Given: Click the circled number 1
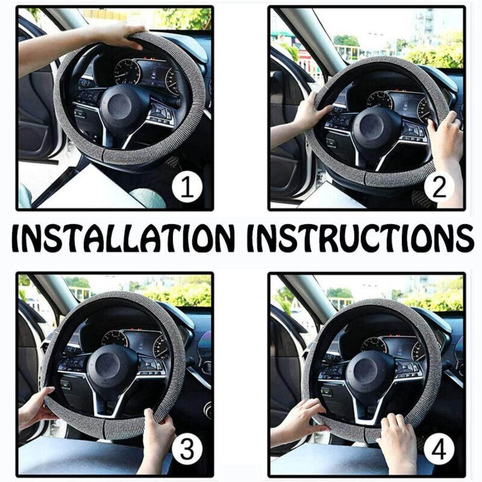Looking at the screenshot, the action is tap(187, 188).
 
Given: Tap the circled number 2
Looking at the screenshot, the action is tap(439, 188).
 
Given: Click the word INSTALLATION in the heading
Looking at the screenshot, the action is tap(123, 238).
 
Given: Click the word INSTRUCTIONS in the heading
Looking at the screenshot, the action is tap(360, 238).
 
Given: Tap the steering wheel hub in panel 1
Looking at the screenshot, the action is tap(120, 106).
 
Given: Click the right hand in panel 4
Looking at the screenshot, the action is tap(397, 437).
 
